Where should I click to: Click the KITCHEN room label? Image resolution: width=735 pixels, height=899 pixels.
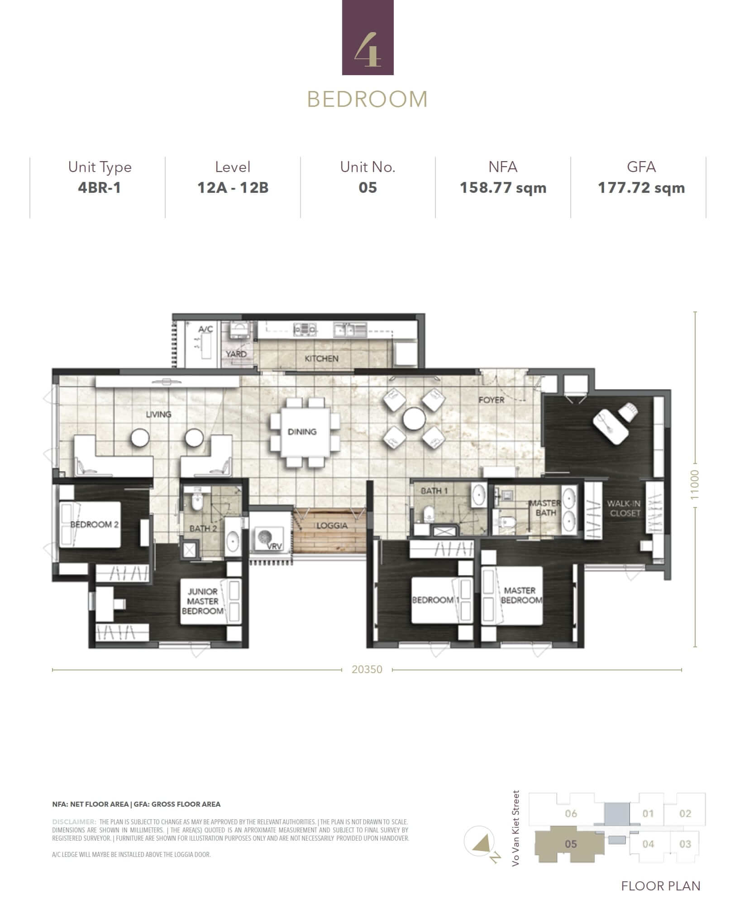click(x=321, y=359)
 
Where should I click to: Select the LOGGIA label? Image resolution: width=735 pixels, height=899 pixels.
click(x=332, y=526)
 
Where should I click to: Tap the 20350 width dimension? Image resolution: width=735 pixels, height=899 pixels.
click(x=367, y=669)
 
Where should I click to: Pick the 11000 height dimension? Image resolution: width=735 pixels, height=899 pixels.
click(x=695, y=485)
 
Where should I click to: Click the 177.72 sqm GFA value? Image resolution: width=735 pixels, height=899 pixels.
click(x=641, y=187)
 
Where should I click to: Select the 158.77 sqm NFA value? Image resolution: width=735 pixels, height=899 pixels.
click(x=503, y=187)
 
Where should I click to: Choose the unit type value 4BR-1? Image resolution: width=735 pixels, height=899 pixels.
click(x=100, y=187)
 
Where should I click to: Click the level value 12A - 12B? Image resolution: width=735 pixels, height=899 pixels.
click(x=233, y=187)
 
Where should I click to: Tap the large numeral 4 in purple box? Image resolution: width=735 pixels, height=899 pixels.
click(x=367, y=50)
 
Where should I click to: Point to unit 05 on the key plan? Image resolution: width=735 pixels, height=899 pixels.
click(x=571, y=844)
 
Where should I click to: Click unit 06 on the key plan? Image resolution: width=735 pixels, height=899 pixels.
click(x=571, y=813)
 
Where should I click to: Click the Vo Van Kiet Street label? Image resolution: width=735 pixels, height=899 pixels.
click(x=516, y=828)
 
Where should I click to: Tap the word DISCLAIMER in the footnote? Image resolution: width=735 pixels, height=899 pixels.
click(x=74, y=822)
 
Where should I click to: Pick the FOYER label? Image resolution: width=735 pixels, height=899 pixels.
click(x=492, y=400)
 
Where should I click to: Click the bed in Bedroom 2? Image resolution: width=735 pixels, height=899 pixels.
click(x=91, y=524)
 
